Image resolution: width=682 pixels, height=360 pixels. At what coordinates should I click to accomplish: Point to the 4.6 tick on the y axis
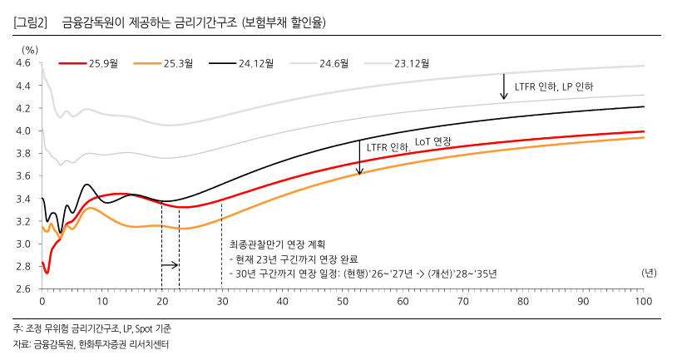point(23,63)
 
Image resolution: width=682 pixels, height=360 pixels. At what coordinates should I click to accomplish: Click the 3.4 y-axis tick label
point(23,199)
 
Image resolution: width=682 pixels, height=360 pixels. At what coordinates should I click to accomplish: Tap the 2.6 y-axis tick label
point(23,288)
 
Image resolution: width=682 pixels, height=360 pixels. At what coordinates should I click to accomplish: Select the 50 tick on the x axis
point(342,300)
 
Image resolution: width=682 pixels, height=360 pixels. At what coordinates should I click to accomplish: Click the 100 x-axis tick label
point(642,300)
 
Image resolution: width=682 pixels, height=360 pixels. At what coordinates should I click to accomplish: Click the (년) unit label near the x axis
point(649,272)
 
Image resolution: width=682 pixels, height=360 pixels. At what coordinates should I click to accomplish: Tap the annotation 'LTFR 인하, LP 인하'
point(554,86)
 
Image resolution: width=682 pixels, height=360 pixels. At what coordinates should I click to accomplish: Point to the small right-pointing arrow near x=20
point(170,265)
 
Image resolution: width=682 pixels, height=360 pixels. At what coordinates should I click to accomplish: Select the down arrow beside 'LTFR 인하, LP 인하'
point(503,86)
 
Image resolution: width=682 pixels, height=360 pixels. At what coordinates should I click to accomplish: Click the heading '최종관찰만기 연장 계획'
point(267,246)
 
